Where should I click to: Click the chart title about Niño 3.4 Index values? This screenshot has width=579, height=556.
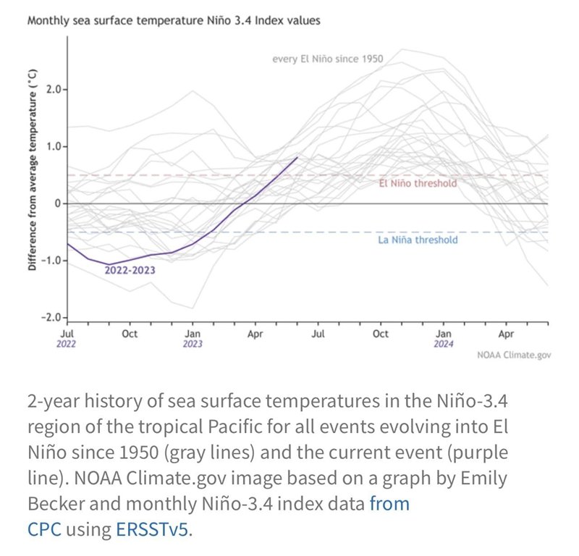click(x=174, y=21)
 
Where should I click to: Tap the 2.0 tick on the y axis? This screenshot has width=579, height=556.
click(x=56, y=90)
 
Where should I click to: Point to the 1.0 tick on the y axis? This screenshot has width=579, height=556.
click(x=56, y=147)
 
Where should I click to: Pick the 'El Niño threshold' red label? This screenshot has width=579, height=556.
click(x=418, y=184)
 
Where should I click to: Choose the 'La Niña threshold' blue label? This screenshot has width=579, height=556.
click(x=418, y=240)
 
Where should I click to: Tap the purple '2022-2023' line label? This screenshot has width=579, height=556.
click(x=130, y=270)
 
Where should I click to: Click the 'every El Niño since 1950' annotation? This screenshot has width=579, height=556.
click(x=327, y=59)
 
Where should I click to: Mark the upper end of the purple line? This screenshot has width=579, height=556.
click(x=297, y=157)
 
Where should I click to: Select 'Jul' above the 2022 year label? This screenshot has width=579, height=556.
click(x=67, y=334)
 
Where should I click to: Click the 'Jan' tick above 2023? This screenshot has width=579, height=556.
click(x=193, y=334)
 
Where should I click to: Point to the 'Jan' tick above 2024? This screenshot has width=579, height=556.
click(x=444, y=334)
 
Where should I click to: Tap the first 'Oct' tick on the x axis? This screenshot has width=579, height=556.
click(x=130, y=334)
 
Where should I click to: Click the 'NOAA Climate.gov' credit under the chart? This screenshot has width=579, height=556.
click(x=514, y=355)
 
